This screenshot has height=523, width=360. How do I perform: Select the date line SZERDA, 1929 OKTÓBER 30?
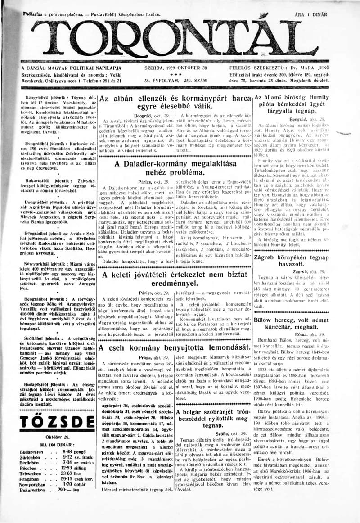click(x=175, y=68)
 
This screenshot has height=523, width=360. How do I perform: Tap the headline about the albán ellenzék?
click(x=175, y=103)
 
